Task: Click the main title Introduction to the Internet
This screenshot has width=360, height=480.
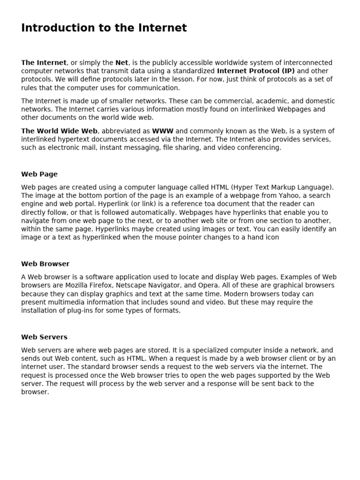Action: pos(104,28)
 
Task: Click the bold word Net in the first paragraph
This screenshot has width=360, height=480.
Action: pos(121,63)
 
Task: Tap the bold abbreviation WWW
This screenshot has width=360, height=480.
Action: pos(163,131)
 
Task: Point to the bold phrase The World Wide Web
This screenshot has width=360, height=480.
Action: pos(59,131)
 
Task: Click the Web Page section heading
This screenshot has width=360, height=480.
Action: pos(39,174)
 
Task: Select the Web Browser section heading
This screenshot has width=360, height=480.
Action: pos(45,264)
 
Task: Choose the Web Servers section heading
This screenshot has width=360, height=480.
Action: pos(44,337)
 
